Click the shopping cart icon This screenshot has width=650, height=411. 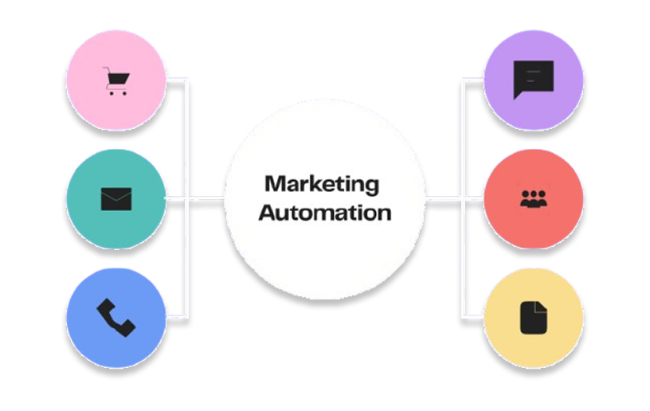pos(116,80)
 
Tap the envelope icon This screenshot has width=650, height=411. pos(116,198)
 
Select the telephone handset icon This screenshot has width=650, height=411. pos(116,317)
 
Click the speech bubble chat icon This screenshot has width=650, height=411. pos(533,79)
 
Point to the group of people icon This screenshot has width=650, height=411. pos(533,199)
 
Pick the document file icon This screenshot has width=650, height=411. pos(534,317)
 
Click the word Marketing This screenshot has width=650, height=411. pos(322,184)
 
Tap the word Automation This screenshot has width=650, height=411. pos(325,213)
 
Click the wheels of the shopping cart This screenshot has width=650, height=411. pos(116,92)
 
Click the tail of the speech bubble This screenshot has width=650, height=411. pos(519,95)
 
